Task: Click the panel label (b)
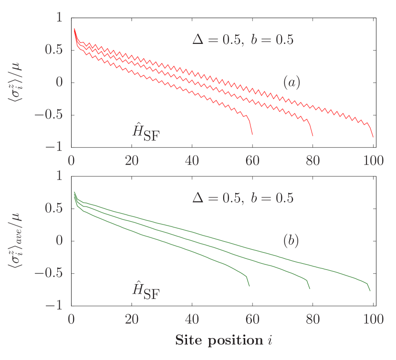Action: [291, 241]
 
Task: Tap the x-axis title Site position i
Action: [223, 340]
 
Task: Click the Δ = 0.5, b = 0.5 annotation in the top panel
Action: [243, 40]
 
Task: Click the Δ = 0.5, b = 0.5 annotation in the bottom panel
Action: [243, 197]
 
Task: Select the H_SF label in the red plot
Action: [146, 132]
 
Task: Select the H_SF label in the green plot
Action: [146, 290]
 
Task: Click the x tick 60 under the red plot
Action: [252, 161]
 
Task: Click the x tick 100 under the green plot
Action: [373, 319]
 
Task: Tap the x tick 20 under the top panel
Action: [132, 161]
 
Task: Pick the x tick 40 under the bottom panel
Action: [192, 319]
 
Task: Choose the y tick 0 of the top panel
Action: [60, 82]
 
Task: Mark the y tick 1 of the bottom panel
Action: [59, 176]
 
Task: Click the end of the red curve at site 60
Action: [252, 135]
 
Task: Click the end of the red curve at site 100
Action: [373, 137]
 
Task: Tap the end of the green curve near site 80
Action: [310, 288]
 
